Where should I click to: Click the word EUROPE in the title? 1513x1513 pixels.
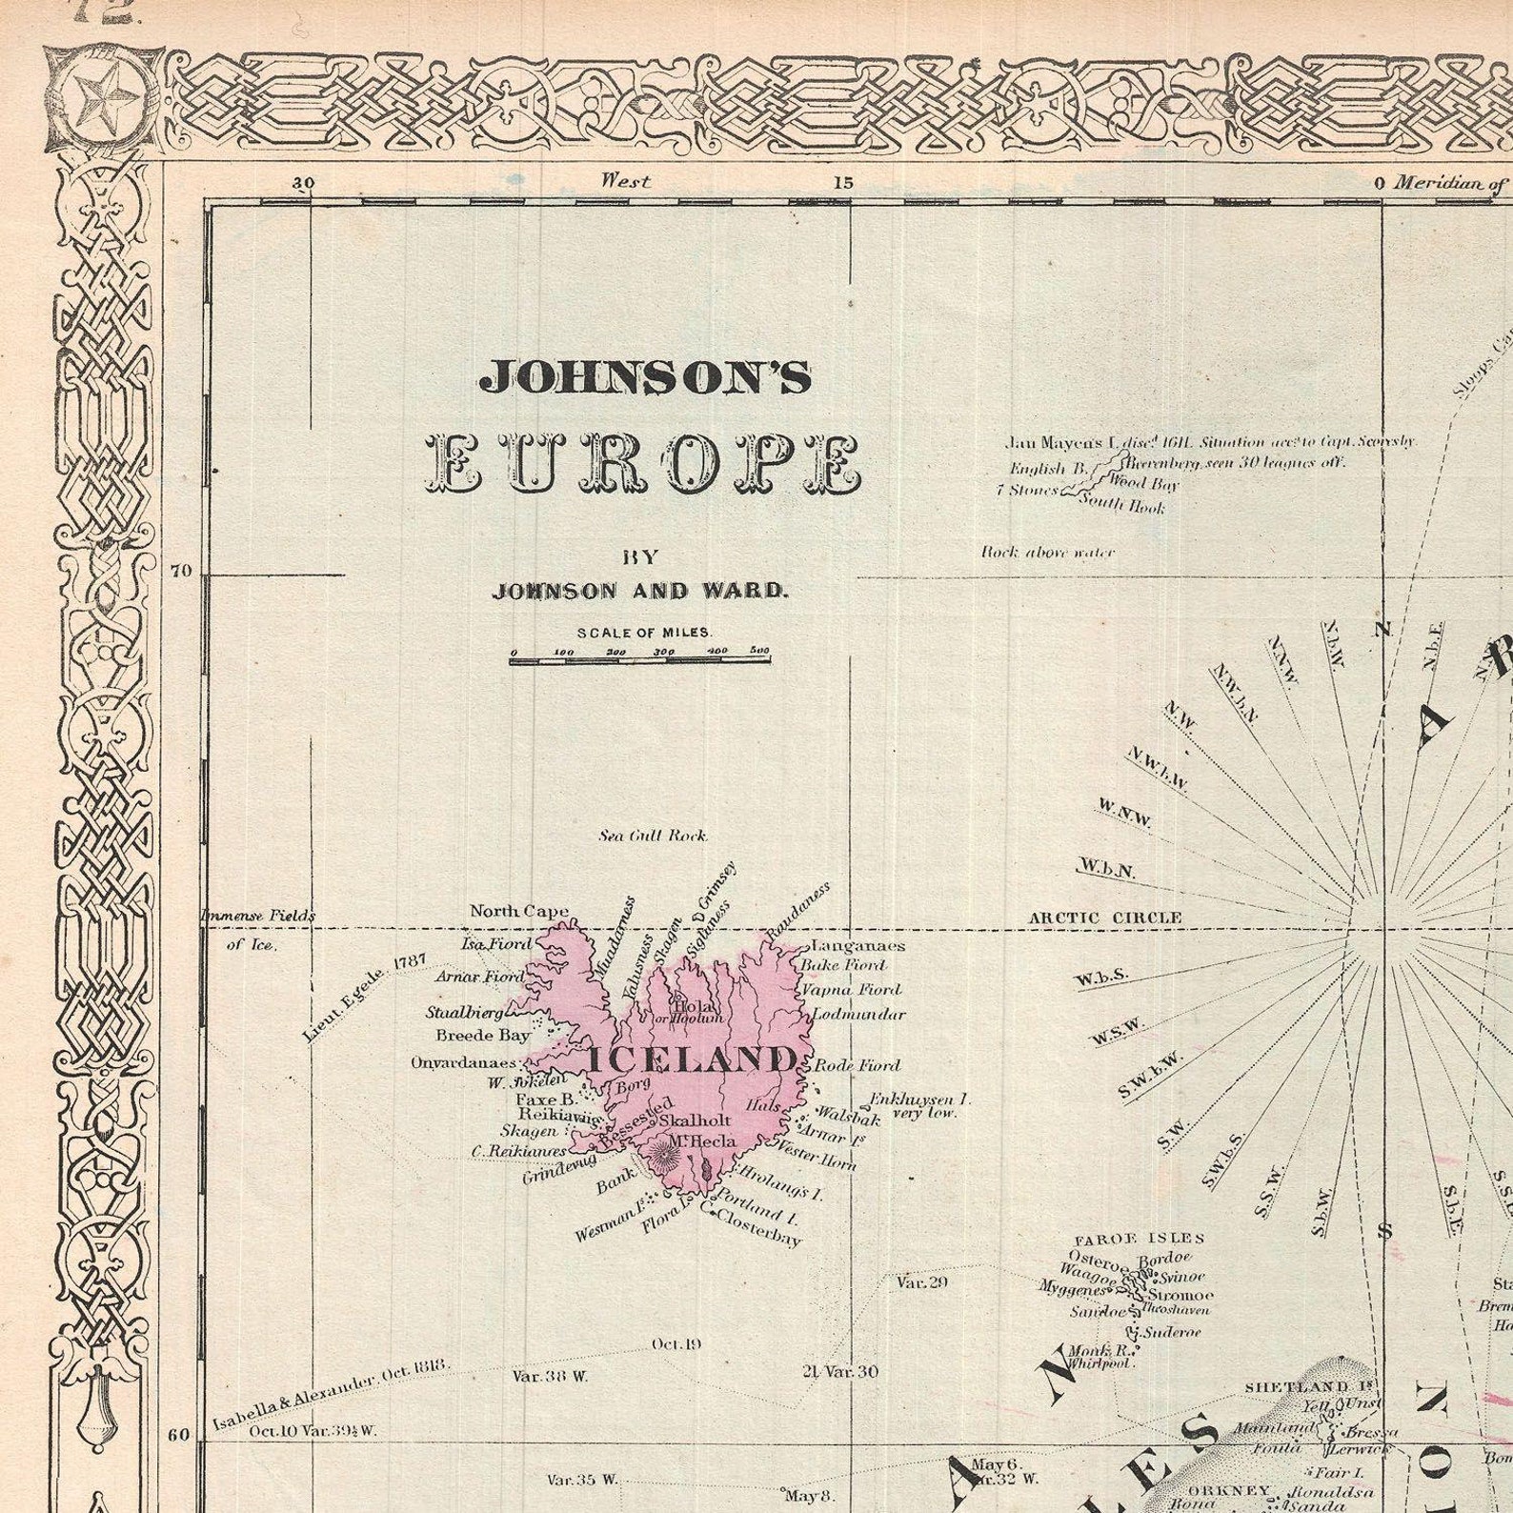644,465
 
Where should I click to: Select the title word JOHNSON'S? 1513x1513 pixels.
644,377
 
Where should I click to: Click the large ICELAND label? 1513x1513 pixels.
692,1059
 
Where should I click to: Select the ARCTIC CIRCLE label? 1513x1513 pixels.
1105,918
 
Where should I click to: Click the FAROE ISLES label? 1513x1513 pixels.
1140,1239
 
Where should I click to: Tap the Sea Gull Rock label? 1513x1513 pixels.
653,836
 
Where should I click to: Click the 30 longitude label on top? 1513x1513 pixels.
303,183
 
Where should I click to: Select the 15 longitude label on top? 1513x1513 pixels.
842,183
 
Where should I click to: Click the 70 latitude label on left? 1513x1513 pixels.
181,571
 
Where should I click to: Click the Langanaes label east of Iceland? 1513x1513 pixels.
857,946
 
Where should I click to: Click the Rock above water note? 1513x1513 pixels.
1047,552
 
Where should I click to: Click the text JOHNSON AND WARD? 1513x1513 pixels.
640,591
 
